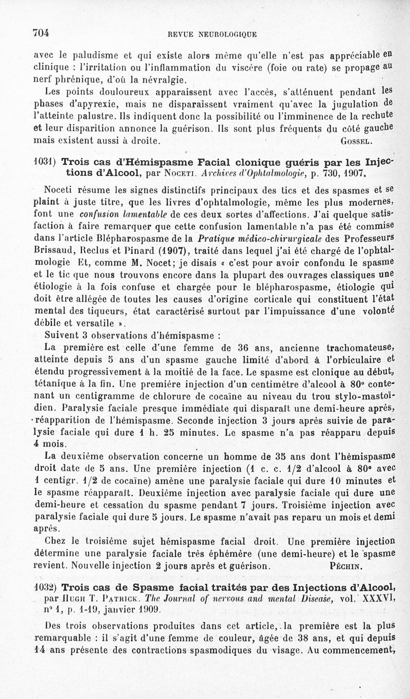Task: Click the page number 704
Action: (x=40, y=33)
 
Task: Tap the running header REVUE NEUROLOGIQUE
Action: (x=212, y=34)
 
